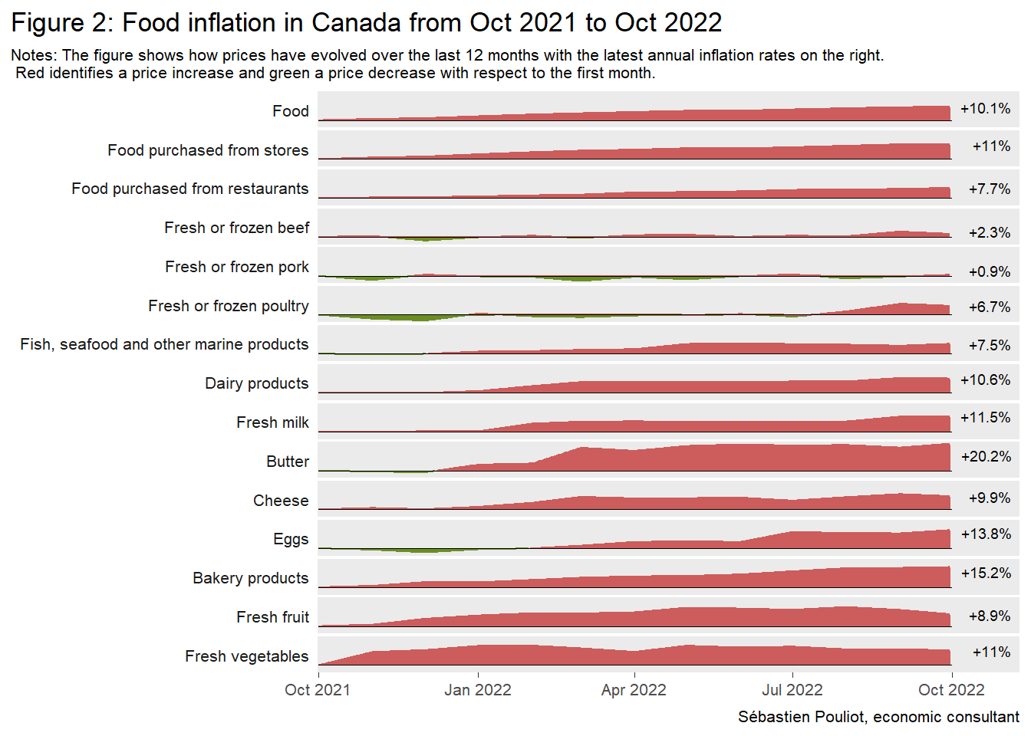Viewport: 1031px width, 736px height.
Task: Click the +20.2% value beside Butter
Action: coord(986,457)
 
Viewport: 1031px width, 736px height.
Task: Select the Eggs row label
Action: coord(291,539)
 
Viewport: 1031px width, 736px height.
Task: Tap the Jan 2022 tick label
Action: coord(477,690)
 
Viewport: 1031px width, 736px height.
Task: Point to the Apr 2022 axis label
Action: coord(634,690)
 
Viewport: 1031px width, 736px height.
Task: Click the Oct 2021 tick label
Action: coord(318,690)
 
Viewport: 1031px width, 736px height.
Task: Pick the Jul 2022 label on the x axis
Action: coord(792,690)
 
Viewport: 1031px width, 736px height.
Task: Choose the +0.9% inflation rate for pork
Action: coord(989,272)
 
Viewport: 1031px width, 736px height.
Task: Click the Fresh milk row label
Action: coord(272,422)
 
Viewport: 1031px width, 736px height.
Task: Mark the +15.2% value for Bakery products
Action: coord(986,573)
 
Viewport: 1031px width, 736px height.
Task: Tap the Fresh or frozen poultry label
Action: coord(229,306)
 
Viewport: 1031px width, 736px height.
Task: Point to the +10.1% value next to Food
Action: coord(985,109)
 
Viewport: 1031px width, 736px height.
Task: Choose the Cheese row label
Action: coord(281,501)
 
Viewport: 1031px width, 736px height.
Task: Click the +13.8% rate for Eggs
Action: coord(986,534)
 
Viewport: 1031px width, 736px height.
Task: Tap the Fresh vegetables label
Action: coord(246,656)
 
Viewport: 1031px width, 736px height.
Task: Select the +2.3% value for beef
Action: coord(989,233)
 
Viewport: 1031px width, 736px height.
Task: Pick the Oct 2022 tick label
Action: coord(951,690)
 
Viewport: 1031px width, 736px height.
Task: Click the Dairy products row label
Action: coord(256,383)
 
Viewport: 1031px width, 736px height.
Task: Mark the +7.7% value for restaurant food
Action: coord(989,189)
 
